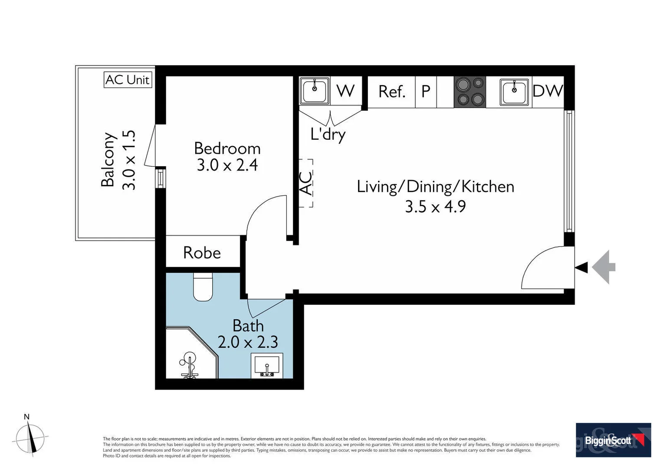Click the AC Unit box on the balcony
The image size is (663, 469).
pos(128,80)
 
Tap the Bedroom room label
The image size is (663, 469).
pos(227,149)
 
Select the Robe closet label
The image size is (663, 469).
pos(202,253)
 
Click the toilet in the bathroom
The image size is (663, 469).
pos(203,287)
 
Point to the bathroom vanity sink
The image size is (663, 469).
pos(267,366)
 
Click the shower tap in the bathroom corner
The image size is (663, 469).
pos(188,365)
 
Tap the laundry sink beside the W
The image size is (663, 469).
pos(315,90)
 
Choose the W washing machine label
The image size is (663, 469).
pos(346,91)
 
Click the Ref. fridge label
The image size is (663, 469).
pos(392,92)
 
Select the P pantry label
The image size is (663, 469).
pos(426,91)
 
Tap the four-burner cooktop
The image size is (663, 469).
pos(470,92)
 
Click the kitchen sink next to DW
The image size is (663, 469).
pos(514,92)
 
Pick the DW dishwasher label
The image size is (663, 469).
pos(548,91)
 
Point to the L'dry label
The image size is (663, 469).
pos(328,135)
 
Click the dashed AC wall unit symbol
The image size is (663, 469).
pos(306,183)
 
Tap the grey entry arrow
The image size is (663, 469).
pos(604,267)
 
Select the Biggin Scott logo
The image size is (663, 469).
pos(613,440)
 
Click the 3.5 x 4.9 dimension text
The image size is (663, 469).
pos(435,207)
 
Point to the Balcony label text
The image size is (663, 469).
pos(108,160)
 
